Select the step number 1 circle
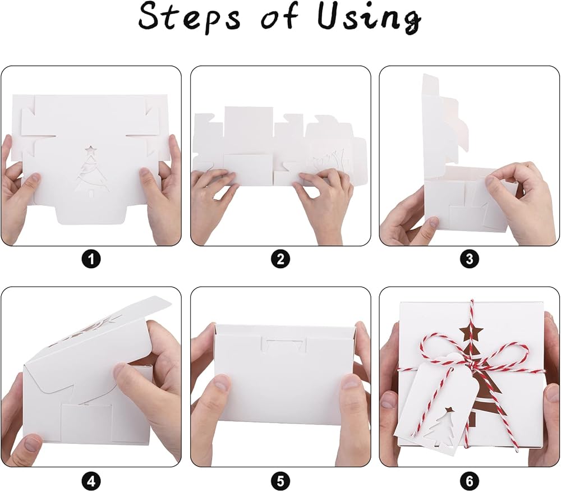[91, 259]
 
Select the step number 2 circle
[280, 259]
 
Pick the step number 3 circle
[470, 259]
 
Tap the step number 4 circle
[91, 480]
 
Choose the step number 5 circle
[280, 480]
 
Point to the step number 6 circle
[470, 480]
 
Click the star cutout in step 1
[91, 149]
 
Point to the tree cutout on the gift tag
[439, 425]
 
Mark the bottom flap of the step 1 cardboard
[92, 215]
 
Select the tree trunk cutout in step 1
[91, 193]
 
